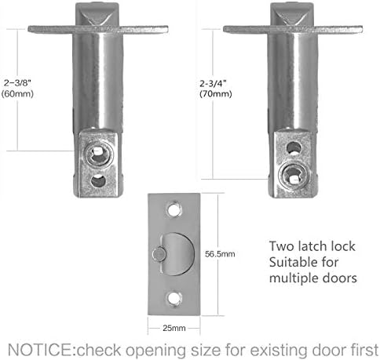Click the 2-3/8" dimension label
[x=16, y=81]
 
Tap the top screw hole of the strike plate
[x=175, y=207]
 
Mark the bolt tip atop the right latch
[x=292, y=14]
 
